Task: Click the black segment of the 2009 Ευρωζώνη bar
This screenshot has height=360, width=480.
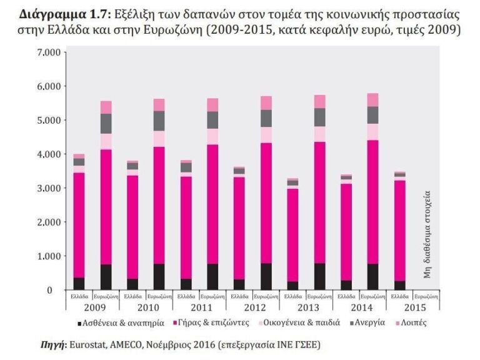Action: coord(106,277)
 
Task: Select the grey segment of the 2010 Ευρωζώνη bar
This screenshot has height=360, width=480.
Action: coord(159,121)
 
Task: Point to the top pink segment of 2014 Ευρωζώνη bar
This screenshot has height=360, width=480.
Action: coord(372,100)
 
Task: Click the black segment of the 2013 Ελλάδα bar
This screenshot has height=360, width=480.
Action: coord(292,286)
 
